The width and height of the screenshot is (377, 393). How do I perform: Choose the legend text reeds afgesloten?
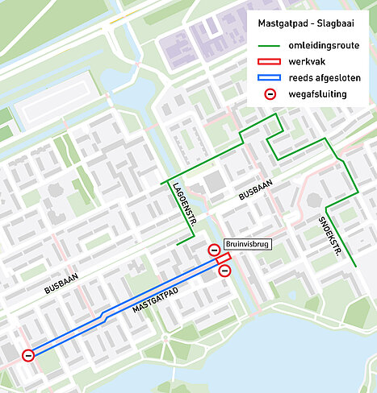tap(326, 77)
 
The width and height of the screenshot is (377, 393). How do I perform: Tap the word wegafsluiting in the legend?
tap(320, 94)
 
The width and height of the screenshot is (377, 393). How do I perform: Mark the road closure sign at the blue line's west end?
tap(28, 354)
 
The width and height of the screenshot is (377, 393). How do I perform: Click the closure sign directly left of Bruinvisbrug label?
tap(214, 250)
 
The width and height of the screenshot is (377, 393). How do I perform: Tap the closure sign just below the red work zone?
tap(225, 271)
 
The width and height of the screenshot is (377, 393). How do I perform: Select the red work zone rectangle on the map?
tap(224, 260)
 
